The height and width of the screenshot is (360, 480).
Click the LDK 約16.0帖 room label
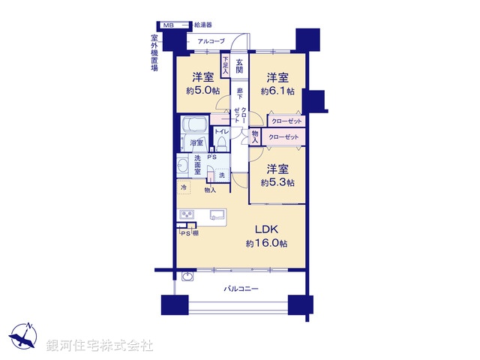tap(266, 235)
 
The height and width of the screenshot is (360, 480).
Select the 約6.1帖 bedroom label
tap(277, 83)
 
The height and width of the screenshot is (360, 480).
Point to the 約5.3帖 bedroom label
tap(277, 175)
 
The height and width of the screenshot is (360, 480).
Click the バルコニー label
tap(241, 288)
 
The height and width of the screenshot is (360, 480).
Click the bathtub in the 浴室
tap(196, 125)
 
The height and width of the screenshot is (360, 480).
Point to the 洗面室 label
tap(197, 164)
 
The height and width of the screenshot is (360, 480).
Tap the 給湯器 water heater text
tap(203, 25)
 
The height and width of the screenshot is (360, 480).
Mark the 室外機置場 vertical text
tap(154, 52)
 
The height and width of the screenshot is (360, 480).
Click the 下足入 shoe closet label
tap(225, 61)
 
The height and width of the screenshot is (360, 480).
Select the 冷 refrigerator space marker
tap(183, 187)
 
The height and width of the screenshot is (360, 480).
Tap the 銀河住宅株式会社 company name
tap(99, 346)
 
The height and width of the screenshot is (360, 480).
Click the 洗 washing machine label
tap(220, 175)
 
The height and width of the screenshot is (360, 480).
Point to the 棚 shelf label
tap(195, 233)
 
